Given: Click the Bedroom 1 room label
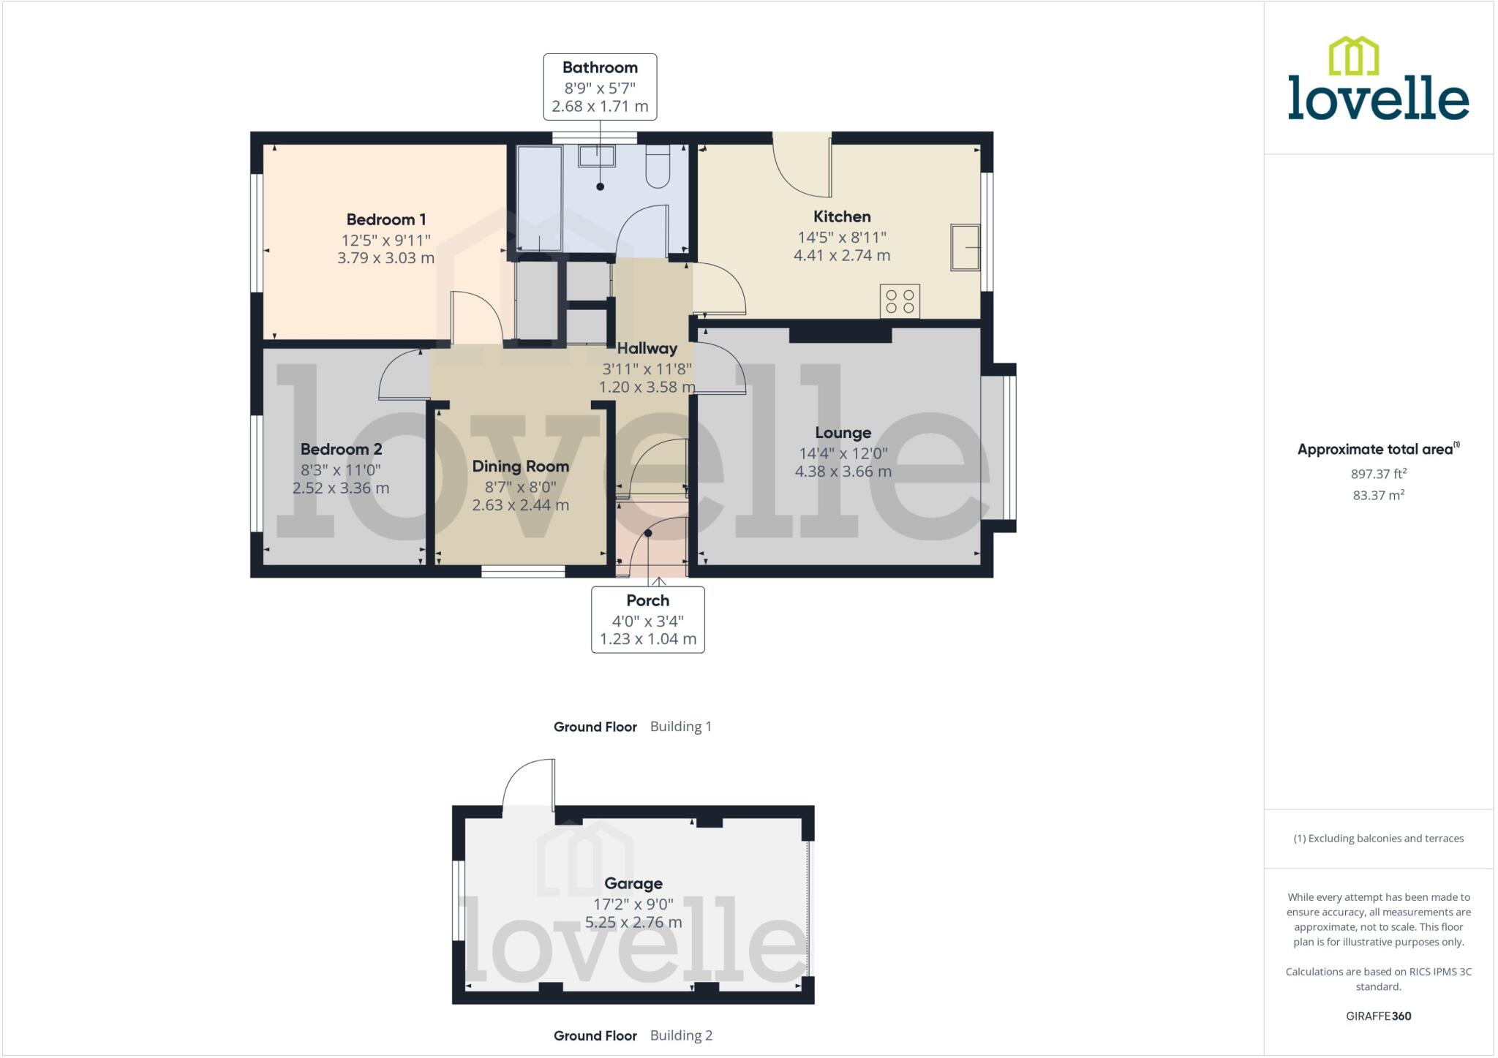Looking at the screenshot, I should coord(385,219).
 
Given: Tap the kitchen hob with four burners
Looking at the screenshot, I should coord(900,301).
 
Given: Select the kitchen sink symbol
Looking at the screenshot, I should coord(965,247).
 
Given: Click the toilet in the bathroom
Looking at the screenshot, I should coord(658,167).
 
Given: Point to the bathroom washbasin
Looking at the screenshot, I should coord(597,156).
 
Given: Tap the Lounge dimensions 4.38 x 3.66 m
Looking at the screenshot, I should coord(843,472).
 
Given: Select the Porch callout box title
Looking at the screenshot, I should coord(647,600).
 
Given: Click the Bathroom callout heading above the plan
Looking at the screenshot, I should coord(600,68).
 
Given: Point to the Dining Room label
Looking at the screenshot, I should coord(520,466).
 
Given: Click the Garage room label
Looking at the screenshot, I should coord(633,883).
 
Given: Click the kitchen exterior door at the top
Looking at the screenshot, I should coord(802,167).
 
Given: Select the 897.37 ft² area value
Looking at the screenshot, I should coord(1378,474).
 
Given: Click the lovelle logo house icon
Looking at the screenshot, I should coord(1353,56).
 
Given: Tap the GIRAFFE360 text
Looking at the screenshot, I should coord(1378,1016).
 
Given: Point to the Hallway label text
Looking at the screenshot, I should coord(647,349).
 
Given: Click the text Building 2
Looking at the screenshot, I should coord(680,1035).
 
